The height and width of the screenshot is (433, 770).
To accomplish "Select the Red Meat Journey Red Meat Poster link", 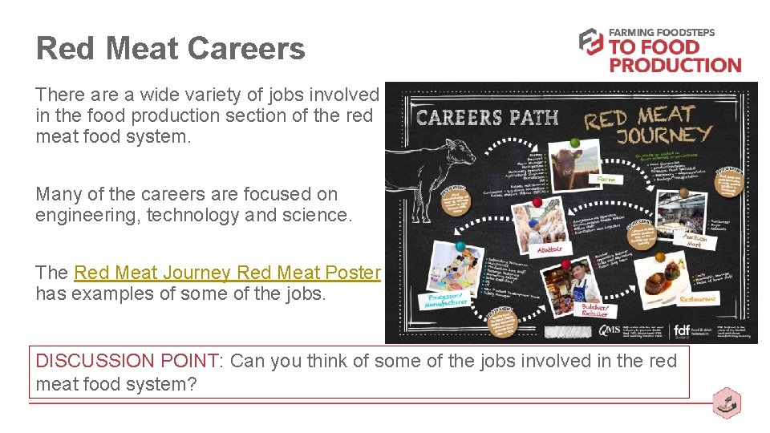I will [227, 273].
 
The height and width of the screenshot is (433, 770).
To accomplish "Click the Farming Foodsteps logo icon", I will [591, 42].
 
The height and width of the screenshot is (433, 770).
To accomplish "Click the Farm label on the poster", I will [606, 180].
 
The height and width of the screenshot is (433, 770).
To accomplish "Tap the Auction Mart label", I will [691, 239].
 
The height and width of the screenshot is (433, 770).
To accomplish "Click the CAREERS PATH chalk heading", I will [488, 118].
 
